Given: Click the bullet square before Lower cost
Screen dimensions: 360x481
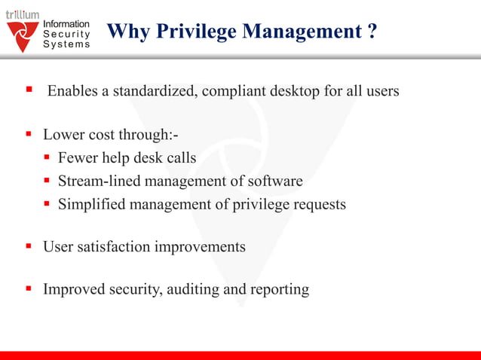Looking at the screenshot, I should click(29, 135).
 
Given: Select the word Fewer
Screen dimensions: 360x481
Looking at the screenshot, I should click(78, 158).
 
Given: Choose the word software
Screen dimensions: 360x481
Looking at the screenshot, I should click(275, 181).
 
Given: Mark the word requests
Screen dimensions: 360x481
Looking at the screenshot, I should click(318, 203).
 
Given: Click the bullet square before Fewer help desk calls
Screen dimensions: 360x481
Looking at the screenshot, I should click(47, 158).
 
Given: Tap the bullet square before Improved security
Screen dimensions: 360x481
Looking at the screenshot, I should click(29, 288).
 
